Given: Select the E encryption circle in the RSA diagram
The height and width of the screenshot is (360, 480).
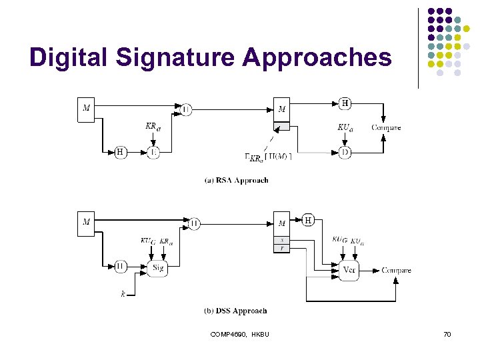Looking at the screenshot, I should click(154, 153).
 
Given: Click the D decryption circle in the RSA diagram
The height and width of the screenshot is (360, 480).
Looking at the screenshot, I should click(345, 153).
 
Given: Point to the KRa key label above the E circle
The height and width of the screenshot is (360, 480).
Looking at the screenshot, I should click(153, 126).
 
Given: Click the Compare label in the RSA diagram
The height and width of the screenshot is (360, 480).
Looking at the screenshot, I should click(386, 127).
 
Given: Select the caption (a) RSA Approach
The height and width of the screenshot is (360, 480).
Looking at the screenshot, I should click(236, 180).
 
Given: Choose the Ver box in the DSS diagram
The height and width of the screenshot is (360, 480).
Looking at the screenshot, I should click(349, 270).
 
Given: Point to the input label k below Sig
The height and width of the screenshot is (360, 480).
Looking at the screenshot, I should click(123, 293).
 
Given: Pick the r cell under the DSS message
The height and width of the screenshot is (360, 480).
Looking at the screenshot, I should click(282, 247).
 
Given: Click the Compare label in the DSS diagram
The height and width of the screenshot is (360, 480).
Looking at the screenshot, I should click(396, 270).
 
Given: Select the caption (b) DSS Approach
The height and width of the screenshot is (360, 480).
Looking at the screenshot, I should click(235, 311).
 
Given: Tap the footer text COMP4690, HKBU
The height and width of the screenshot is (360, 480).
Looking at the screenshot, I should click(239, 333).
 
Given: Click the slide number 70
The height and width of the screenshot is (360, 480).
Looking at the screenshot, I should click(447, 333).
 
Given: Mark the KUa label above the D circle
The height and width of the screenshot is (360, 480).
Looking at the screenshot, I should click(345, 127).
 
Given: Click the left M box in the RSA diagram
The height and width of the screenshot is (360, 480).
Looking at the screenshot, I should click(86, 110).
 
